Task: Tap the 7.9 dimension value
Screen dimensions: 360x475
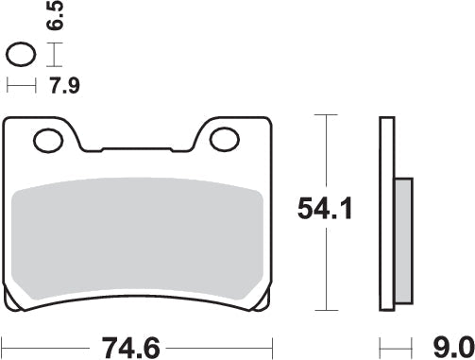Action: pos(62,87)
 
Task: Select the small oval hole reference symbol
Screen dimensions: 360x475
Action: pos(22,55)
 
